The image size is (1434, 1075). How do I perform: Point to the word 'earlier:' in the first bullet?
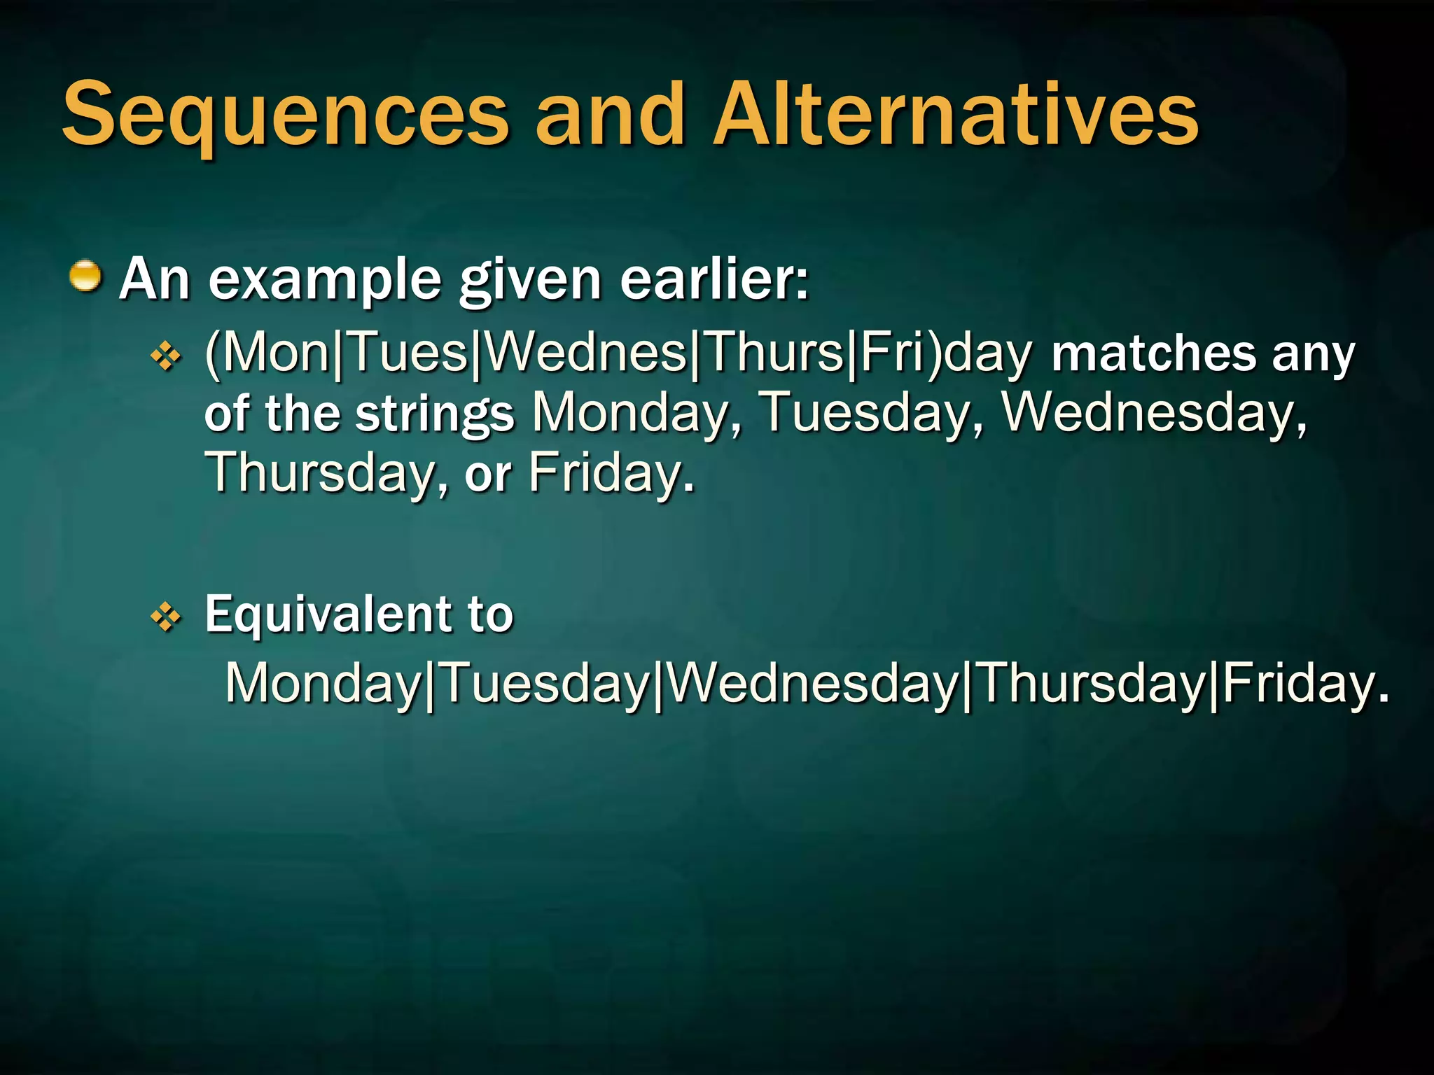[x=714, y=280]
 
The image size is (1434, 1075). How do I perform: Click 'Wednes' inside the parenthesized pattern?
[x=585, y=353]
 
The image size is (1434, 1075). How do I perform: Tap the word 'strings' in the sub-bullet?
[x=435, y=415]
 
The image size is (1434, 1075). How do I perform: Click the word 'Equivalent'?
[x=330, y=615]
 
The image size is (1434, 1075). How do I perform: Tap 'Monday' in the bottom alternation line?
[x=322, y=684]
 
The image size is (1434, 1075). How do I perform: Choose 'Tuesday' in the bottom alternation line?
[x=546, y=684]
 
